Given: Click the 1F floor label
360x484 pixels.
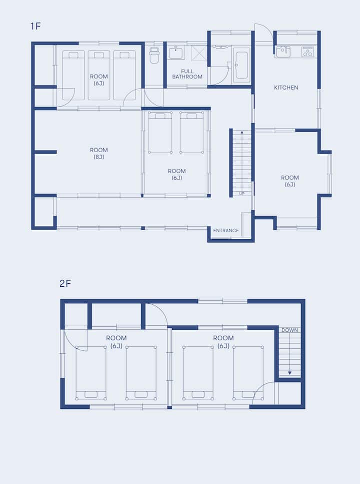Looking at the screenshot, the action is pyautogui.click(x=35, y=26).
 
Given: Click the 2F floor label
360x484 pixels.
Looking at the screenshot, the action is pyautogui.click(x=65, y=283).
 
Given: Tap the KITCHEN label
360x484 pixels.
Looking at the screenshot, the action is pyautogui.click(x=286, y=88).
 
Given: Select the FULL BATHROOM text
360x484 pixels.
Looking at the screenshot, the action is pyautogui.click(x=187, y=74).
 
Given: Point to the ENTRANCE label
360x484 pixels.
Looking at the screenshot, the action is pyautogui.click(x=226, y=231).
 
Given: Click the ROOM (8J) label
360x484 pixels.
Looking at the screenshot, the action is pyautogui.click(x=98, y=154).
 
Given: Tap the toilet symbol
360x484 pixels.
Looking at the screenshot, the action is pyautogui.click(x=154, y=55).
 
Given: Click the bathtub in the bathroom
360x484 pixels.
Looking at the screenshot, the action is pyautogui.click(x=241, y=65).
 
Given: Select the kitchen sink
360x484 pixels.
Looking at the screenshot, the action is pyautogui.click(x=283, y=52).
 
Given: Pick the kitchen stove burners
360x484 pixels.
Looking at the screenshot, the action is pyautogui.click(x=307, y=52).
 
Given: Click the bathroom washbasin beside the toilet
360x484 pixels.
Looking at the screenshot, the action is pyautogui.click(x=176, y=52).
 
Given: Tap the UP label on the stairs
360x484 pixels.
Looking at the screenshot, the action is pyautogui.click(x=242, y=194).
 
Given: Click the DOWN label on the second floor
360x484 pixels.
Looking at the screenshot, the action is pyautogui.click(x=289, y=330).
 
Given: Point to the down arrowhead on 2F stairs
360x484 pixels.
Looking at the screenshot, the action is pyautogui.click(x=289, y=373).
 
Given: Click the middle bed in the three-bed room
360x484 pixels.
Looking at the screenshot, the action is pyautogui.click(x=98, y=75).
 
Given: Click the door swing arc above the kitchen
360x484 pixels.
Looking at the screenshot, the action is pyautogui.click(x=266, y=30).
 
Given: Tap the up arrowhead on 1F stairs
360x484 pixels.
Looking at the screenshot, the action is pyautogui.click(x=242, y=133).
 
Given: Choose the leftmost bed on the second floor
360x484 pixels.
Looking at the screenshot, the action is pyautogui.click(x=91, y=373).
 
